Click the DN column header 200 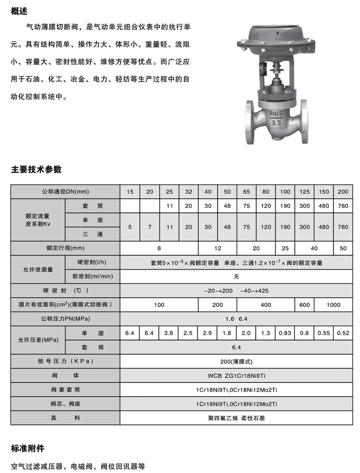coord(343,191)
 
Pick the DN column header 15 coord(130,191)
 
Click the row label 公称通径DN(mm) coord(66,191)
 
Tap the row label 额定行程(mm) coord(66,247)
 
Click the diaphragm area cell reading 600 coord(304,305)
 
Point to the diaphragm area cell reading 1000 coord(334,305)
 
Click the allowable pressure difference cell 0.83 coord(285,333)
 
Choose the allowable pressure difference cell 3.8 coord(169,333)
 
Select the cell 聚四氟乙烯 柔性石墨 coord(236,418)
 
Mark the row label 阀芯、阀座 coord(66,404)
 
